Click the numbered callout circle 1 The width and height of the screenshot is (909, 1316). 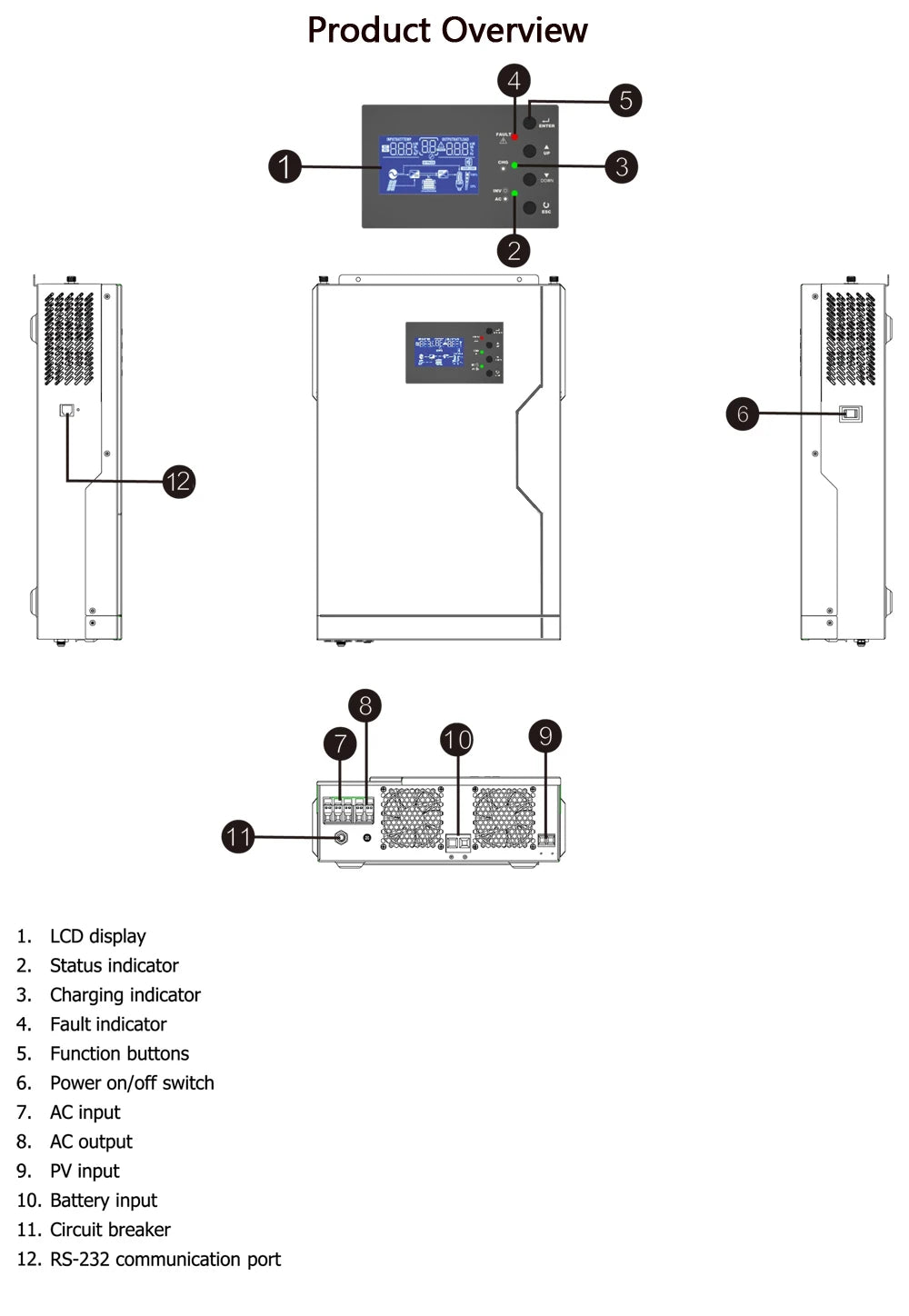pos(285,166)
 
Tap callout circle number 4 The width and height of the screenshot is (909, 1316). pos(514,81)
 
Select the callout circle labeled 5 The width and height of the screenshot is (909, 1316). pos(625,100)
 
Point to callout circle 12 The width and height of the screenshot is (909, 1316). pos(178,481)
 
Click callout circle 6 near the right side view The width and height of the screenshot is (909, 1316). pos(743,414)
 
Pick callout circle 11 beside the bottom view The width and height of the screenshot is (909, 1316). pos(238,836)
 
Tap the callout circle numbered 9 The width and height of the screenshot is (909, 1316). pos(545,735)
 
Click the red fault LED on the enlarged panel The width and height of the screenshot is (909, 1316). pos(514,136)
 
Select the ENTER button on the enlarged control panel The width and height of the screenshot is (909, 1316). pos(530,122)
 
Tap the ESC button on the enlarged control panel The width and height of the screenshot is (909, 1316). pos(530,208)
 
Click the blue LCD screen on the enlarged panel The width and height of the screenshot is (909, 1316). pos(428,164)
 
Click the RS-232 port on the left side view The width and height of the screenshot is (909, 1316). pos(66,411)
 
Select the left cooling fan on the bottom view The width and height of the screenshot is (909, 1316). pos(412,817)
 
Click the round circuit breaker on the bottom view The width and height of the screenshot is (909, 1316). pos(342,837)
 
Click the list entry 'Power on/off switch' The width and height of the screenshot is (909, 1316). pos(132,1082)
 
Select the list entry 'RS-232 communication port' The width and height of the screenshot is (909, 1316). pos(165,1259)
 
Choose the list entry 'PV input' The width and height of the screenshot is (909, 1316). pos(85,1171)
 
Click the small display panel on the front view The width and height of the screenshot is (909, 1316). pos(454,352)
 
